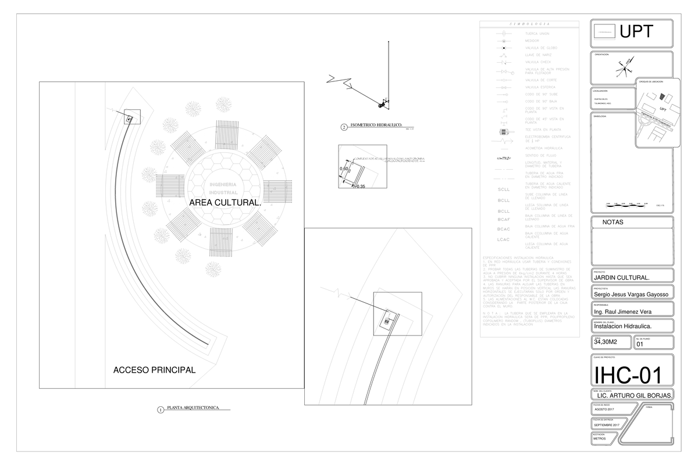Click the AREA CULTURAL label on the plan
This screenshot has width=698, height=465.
click(x=225, y=202)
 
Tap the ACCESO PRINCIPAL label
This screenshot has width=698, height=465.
click(x=154, y=370)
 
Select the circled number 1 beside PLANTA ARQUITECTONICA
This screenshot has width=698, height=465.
click(x=160, y=410)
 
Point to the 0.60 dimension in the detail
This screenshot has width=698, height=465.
click(x=344, y=169)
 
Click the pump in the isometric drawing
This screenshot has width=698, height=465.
click(x=383, y=103)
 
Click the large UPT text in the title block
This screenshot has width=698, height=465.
click(x=636, y=32)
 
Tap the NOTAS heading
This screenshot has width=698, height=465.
click(x=612, y=222)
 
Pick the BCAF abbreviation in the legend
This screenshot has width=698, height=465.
click(x=504, y=220)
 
